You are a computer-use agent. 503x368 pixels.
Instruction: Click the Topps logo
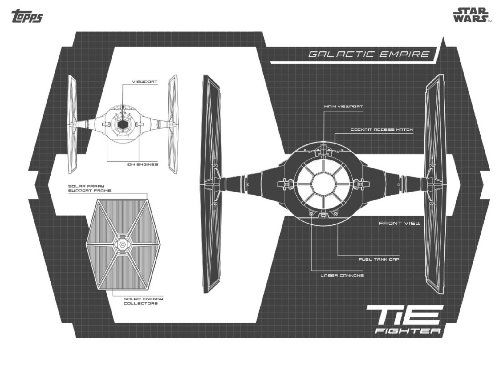[x=27, y=16]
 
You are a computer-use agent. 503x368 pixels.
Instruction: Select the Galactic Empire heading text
[x=369, y=55]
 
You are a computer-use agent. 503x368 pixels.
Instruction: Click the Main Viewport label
[x=343, y=107]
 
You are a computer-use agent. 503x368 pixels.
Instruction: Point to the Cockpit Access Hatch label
[x=382, y=130]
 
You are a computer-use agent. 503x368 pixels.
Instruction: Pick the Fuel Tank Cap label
[x=379, y=259]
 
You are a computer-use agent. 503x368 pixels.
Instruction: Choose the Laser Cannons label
[x=342, y=275]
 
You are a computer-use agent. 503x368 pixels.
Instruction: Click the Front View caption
[x=399, y=223]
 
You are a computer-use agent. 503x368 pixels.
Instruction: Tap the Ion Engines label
[x=142, y=164]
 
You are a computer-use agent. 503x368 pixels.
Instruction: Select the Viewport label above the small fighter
[x=144, y=82]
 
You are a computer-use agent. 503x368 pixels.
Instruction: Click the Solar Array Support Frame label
[x=89, y=188]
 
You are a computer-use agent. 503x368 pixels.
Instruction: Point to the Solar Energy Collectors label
[x=143, y=301]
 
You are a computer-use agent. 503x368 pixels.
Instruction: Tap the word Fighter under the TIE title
[x=408, y=331]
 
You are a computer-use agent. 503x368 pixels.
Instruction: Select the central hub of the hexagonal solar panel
[x=123, y=245]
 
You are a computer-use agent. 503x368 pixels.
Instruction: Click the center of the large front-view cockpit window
[x=323, y=184]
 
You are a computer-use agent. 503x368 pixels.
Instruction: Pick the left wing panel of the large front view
[x=211, y=184]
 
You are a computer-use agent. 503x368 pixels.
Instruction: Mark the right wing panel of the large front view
[x=435, y=184]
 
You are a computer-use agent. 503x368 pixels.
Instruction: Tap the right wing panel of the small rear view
[x=172, y=124]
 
